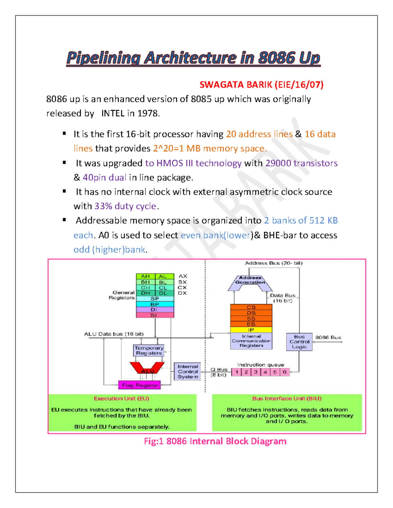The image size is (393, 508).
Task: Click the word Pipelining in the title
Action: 103,58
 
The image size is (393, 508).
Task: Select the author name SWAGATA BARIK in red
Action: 236,85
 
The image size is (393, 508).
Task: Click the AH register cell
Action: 145,276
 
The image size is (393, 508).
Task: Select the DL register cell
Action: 163,293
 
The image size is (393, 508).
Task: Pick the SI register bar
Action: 155,315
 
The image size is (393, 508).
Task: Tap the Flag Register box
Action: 140,385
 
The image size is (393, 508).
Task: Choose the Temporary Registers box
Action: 149,351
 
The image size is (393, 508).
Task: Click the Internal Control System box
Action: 187,372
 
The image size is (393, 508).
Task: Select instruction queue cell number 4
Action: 265,372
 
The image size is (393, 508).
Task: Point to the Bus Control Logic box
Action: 299,342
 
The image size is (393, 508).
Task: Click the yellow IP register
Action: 251,330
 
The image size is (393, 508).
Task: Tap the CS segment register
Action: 251,307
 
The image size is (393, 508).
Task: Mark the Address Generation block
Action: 250,281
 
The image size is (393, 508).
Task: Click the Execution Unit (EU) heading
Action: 122,398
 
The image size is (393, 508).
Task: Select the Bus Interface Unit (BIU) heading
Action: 287,398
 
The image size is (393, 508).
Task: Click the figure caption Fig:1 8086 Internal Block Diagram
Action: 215,441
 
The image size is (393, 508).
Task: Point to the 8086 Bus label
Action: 328,337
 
